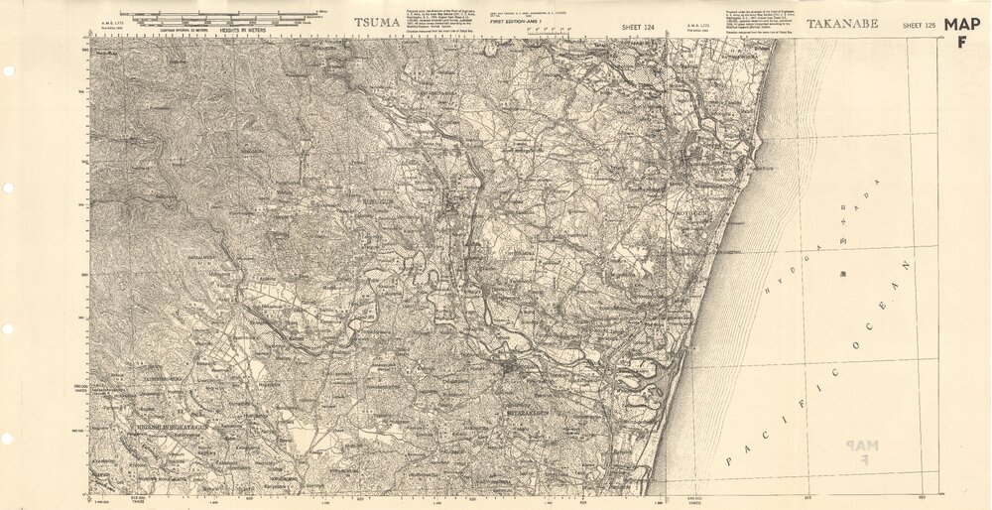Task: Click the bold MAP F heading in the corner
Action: [x=961, y=33]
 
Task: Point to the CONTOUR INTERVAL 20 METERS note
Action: [x=186, y=31]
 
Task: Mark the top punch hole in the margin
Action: [x=8, y=71]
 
